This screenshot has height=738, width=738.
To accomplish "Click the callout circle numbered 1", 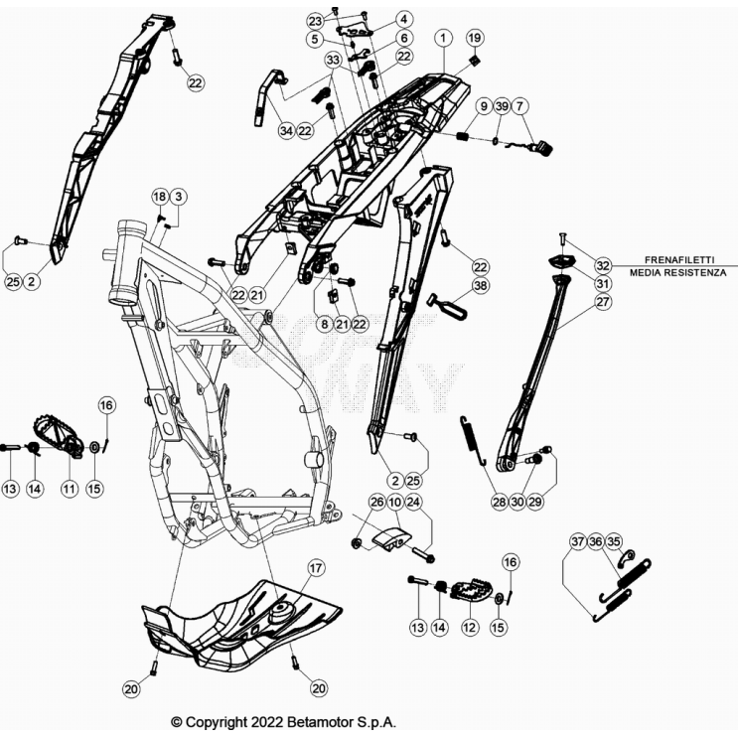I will click(x=443, y=37).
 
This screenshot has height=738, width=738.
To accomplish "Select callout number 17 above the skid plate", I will click(x=315, y=568).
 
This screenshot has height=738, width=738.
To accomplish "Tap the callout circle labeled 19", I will click(x=475, y=38).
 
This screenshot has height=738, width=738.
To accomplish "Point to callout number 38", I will click(x=481, y=285).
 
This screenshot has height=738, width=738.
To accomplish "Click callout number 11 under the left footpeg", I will click(x=70, y=489).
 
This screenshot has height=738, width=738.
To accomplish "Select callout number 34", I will click(x=286, y=130).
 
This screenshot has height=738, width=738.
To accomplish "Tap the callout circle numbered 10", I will click(x=395, y=502).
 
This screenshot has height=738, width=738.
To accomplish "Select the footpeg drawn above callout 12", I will click(x=467, y=592).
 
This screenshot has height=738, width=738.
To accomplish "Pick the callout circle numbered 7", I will click(x=522, y=105).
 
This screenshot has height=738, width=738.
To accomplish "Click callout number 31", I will click(x=604, y=283).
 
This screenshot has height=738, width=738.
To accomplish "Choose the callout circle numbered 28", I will click(x=499, y=503).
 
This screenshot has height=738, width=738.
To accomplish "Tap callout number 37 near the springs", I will click(x=578, y=541).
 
